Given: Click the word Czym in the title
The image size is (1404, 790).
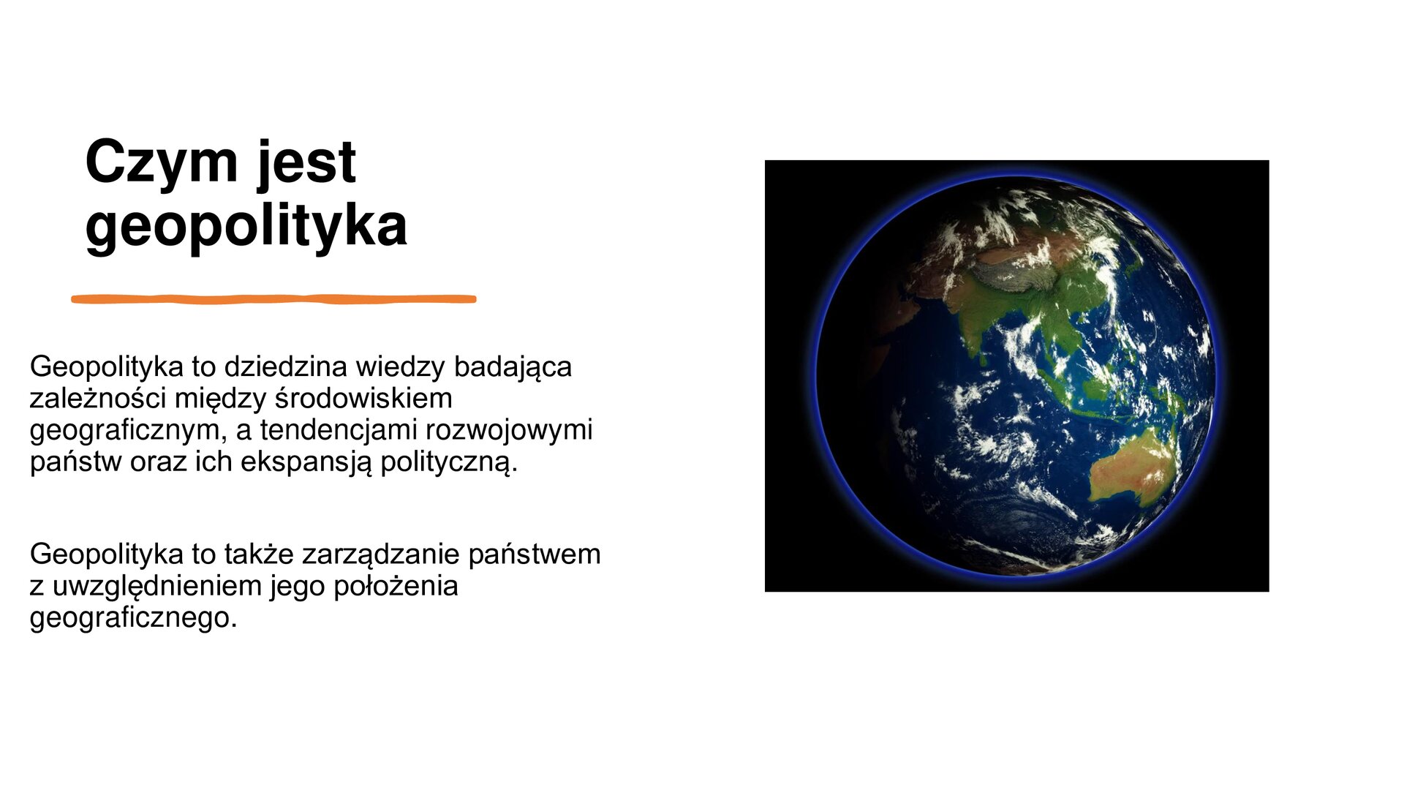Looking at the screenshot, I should point(162,162).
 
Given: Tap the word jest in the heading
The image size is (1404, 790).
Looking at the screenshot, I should point(306,162).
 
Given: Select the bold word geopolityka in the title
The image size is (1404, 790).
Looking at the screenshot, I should point(246,225).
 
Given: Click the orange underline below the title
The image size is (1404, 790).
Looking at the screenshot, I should point(273,298).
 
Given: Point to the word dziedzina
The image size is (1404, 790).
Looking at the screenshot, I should point(285,366).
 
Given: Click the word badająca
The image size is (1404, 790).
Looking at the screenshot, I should point(512,366).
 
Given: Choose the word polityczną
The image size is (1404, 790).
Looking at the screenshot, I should point(448,462).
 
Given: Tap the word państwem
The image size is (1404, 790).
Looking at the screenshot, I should point(534,554).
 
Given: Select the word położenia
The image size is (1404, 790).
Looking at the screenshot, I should point(396,586).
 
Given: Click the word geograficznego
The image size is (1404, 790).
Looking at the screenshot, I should point(133,617).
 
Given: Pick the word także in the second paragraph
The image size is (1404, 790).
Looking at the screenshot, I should point(259,554).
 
